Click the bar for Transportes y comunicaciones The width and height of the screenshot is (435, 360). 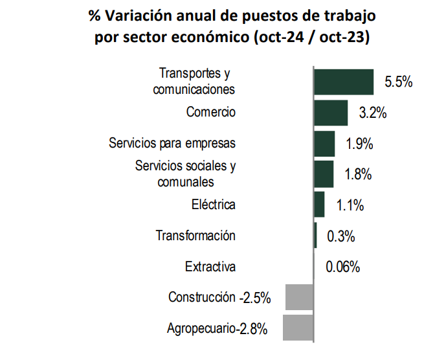click(x=344, y=82)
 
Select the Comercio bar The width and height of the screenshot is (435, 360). click(x=331, y=113)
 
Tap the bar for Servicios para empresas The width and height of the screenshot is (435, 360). click(x=324, y=143)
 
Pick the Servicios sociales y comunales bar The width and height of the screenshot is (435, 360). click(x=324, y=174)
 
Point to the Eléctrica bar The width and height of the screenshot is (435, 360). click(x=319, y=205)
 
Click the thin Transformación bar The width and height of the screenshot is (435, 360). click(x=315, y=235)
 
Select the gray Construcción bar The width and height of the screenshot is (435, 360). click(x=299, y=297)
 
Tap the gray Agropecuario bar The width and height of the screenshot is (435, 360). click(x=298, y=328)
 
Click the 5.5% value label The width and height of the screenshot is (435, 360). click(x=399, y=82)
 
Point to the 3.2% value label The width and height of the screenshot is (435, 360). click(x=373, y=113)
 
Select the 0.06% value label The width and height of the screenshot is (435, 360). click(x=343, y=267)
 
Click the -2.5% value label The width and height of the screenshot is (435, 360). click(x=254, y=298)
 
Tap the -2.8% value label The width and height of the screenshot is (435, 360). click(x=252, y=329)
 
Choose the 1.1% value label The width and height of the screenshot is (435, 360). click(x=350, y=206)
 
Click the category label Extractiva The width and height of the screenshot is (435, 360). click(x=210, y=267)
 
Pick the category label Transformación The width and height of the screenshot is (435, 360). click(x=195, y=236)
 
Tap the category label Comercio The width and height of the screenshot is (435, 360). click(x=211, y=112)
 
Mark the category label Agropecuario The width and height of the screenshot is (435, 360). click(x=200, y=329)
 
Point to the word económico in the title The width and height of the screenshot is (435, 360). click(x=214, y=38)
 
